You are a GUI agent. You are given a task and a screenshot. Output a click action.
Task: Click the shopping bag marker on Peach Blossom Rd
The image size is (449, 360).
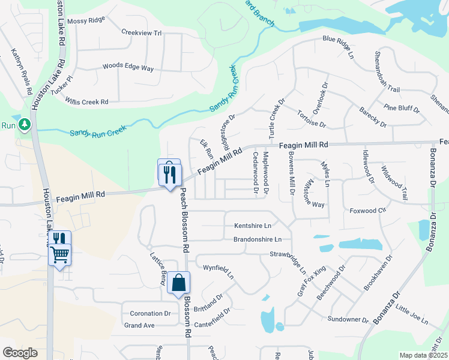click(179, 283)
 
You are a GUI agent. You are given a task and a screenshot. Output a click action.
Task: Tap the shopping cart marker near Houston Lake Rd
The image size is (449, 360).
click(59, 256)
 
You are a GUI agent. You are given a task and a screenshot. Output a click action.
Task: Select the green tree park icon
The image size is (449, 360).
click(24, 125)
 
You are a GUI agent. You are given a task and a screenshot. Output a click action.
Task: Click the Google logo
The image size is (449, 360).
click(20, 353)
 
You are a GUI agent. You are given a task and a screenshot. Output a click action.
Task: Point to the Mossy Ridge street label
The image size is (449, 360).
click(86, 20)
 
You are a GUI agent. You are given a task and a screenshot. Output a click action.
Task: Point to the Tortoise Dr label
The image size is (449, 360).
click(311, 119)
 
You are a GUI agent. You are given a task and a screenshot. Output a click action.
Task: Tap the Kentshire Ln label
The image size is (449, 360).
click(253, 226)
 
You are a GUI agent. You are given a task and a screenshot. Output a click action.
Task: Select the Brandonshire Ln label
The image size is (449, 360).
click(258, 239)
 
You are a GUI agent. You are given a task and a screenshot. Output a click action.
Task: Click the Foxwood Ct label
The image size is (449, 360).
click(368, 211)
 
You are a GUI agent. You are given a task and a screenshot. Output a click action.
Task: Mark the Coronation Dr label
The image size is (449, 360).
click(146, 313)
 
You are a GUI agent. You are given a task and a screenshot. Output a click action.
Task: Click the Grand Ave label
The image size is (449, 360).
click(139, 325)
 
